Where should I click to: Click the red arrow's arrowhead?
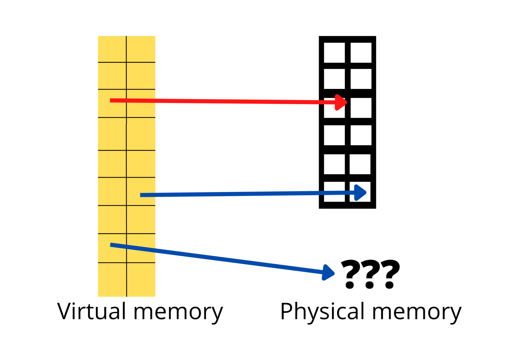[340, 102]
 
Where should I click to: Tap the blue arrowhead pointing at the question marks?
[329, 273]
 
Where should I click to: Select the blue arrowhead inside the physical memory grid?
[360, 193]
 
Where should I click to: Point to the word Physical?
[322, 312]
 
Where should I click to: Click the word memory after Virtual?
[178, 312]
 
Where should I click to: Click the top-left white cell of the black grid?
[334, 53]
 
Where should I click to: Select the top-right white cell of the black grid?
[361, 53]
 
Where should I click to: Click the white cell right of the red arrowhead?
[361, 108]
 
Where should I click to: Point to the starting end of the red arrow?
[111, 100]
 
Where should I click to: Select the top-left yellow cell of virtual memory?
[112, 49]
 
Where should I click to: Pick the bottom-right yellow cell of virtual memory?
[141, 280]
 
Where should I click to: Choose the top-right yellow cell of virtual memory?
[141, 49]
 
